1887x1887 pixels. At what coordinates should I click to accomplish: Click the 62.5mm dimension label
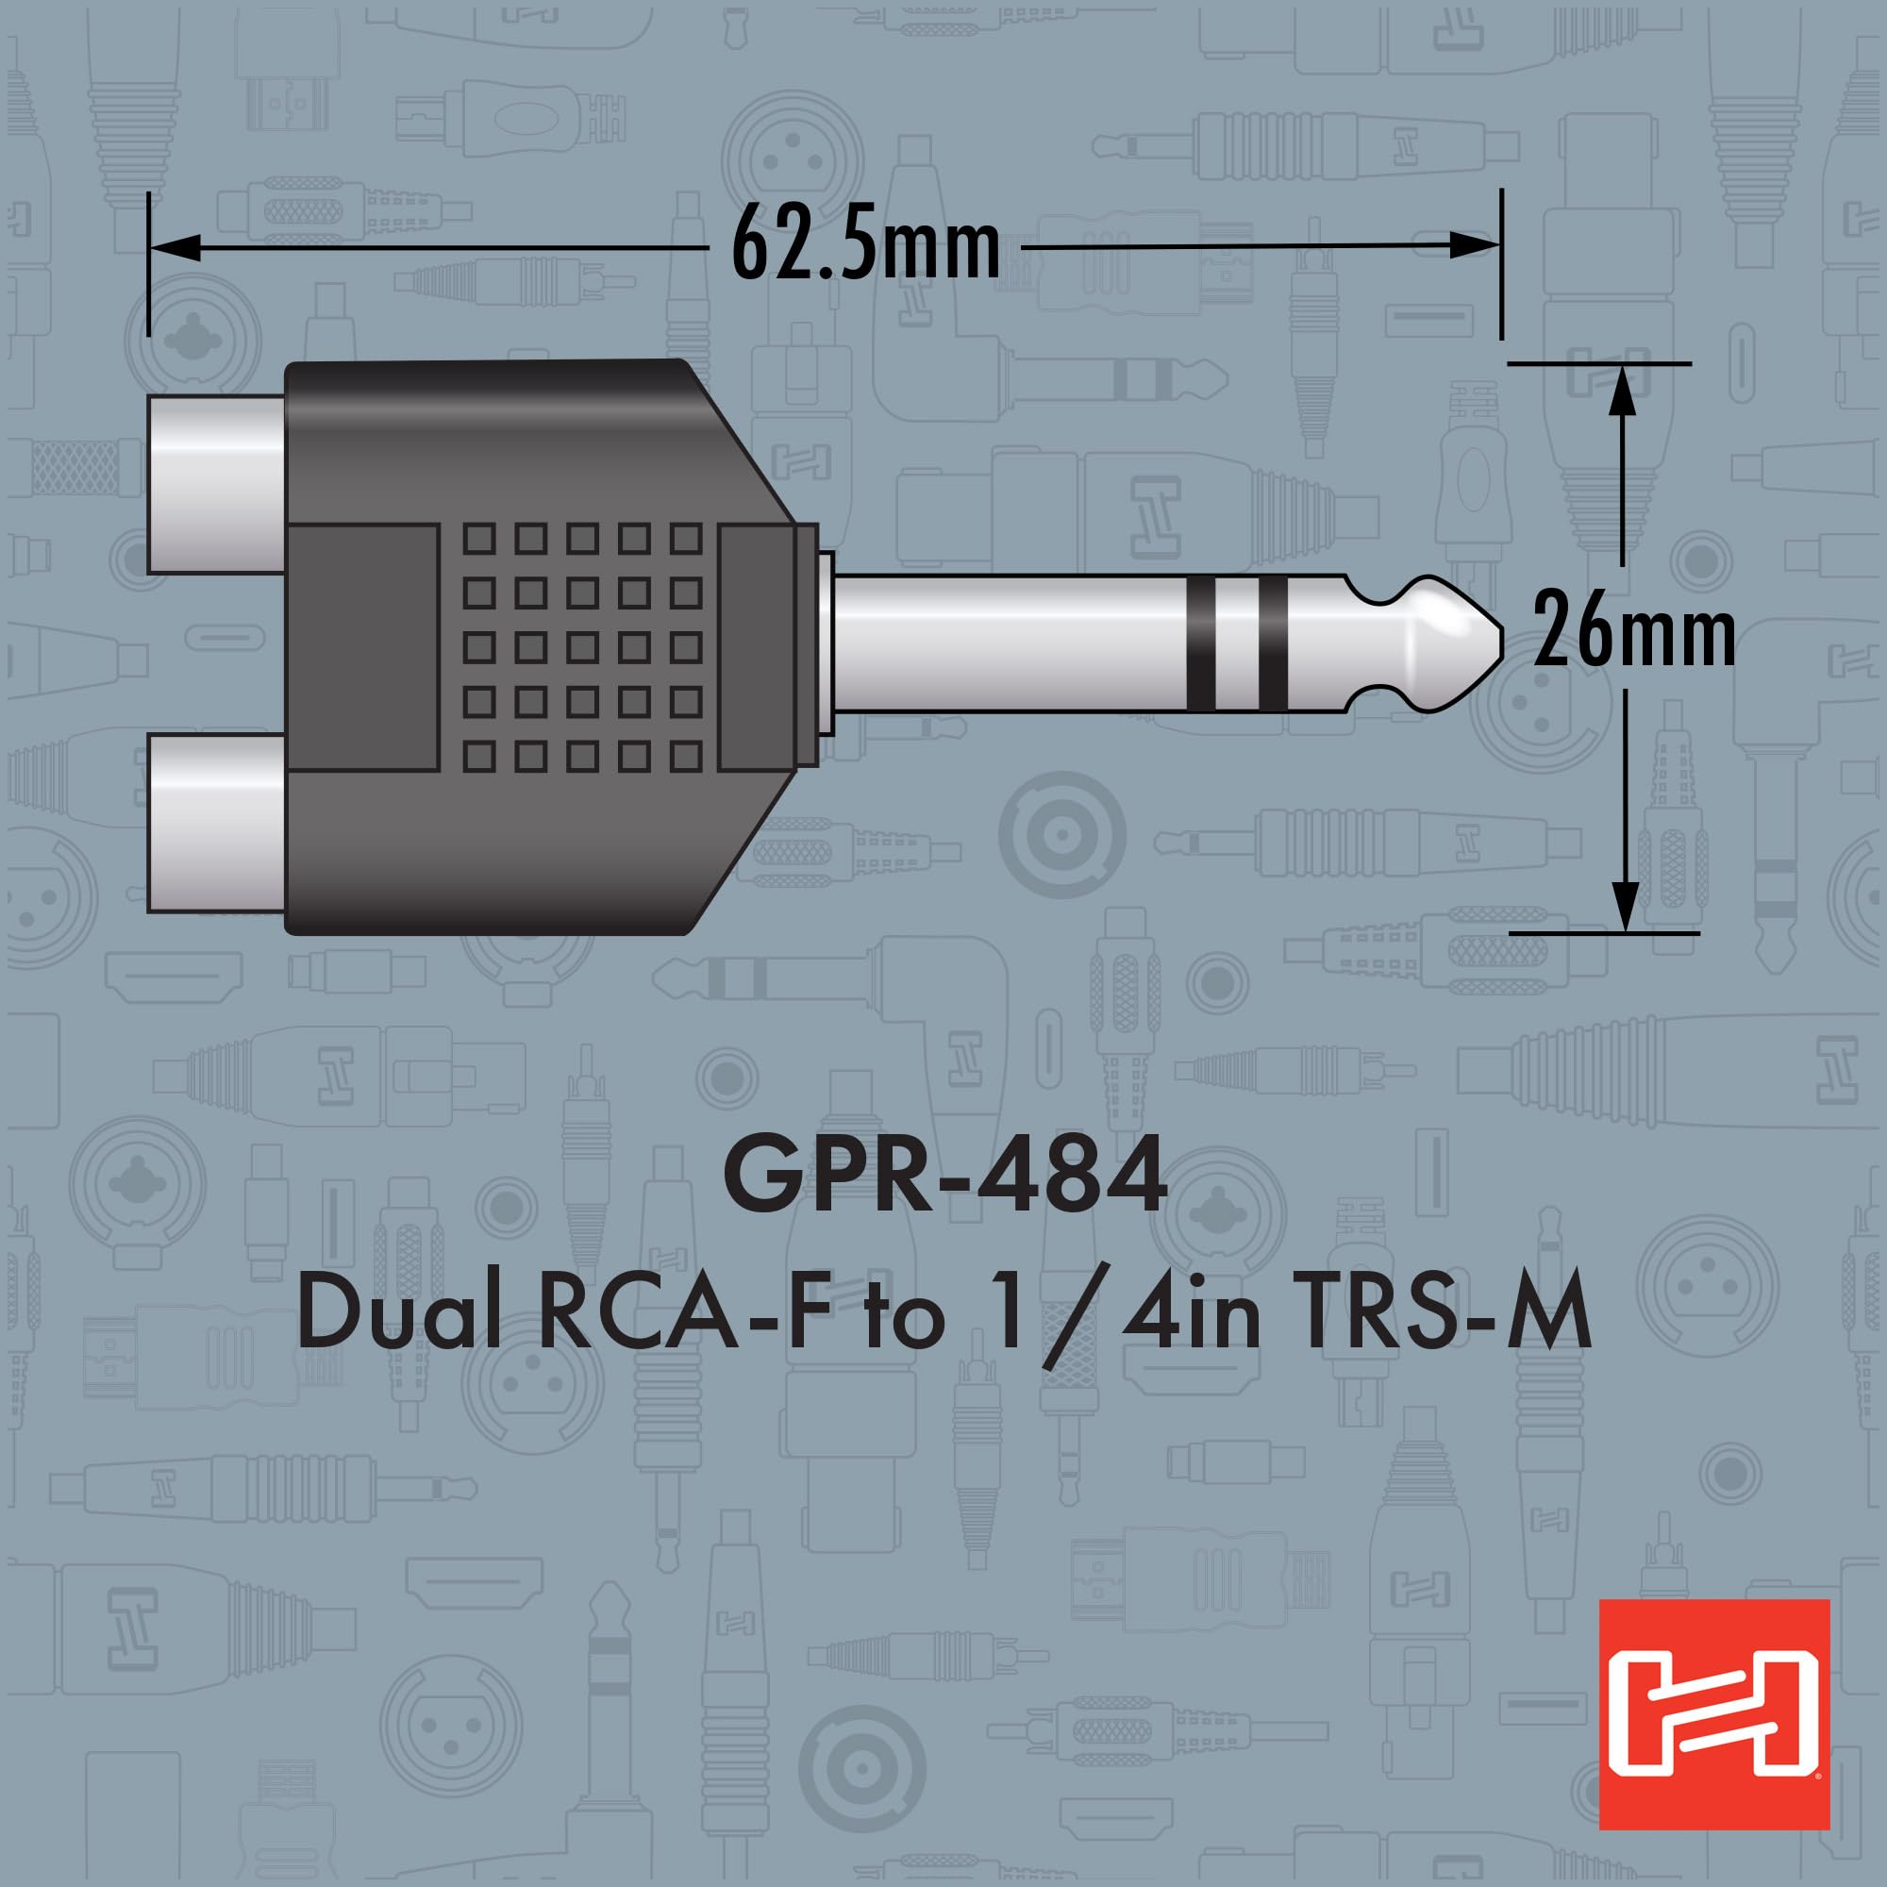coord(865,247)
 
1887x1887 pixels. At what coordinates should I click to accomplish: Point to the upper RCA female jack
coord(217,483)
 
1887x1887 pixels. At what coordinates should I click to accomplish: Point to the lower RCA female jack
coord(217,824)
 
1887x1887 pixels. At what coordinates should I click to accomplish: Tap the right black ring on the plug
coord(1273,643)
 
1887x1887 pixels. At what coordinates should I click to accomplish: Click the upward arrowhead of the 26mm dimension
coord(1622,390)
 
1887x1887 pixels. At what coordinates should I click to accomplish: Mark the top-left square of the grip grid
coord(477,538)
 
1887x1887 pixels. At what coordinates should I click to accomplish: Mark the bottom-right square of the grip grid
coord(687,755)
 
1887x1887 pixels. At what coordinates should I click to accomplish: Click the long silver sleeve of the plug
coord(1006,643)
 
